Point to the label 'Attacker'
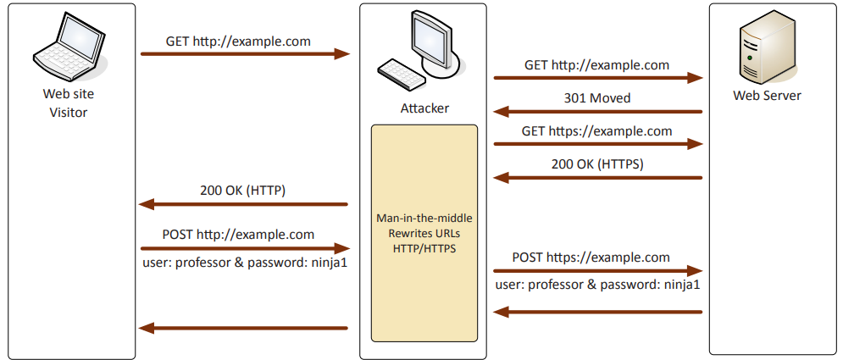click(x=424, y=108)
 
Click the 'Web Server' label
click(x=767, y=96)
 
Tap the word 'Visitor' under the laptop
click(x=68, y=113)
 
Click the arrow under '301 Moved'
click(x=598, y=111)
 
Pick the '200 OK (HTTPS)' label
click(x=597, y=164)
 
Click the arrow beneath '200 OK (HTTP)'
click(x=244, y=204)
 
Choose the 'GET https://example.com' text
click(x=597, y=131)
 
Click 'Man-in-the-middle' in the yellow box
click(x=424, y=218)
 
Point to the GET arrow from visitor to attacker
click(x=245, y=54)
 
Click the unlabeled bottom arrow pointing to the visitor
click(x=244, y=328)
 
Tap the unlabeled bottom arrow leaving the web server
click(x=598, y=313)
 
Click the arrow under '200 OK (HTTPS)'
click(x=598, y=178)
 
